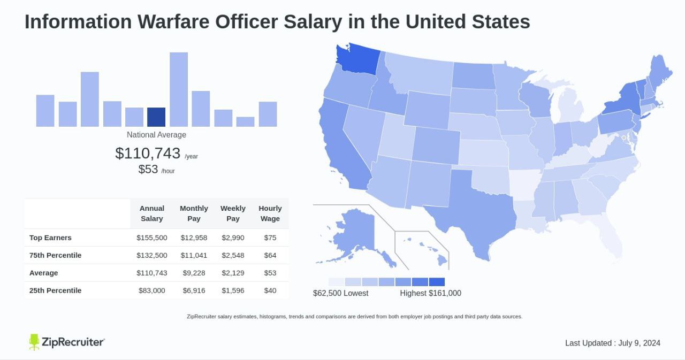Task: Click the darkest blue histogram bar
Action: tap(156, 117)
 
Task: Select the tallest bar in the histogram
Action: tap(179, 89)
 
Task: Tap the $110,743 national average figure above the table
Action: tap(148, 154)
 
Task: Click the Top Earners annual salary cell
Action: tap(152, 238)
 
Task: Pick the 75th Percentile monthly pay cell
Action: tap(194, 255)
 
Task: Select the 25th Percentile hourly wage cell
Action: tap(270, 290)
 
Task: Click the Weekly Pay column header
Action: tap(233, 213)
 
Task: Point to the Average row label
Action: tap(44, 273)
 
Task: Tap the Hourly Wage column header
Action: tap(270, 213)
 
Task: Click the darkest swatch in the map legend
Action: tap(437, 282)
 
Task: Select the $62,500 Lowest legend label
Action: tap(340, 293)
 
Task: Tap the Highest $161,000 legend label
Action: tap(430, 293)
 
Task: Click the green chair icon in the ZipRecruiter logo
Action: tap(34, 342)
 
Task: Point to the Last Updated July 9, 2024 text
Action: tap(613, 343)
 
